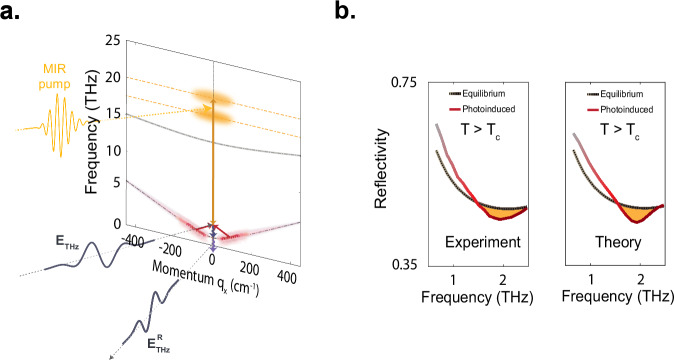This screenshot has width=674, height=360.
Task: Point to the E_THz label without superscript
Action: point(44,240)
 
